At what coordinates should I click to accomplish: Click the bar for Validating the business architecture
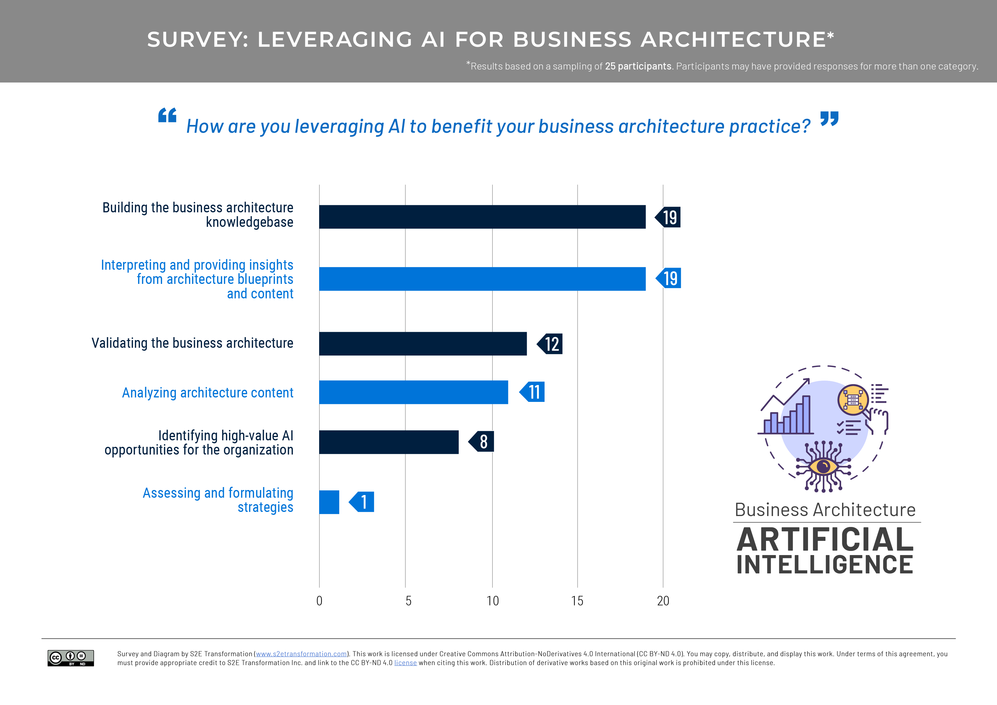423,344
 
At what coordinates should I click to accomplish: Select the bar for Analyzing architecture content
413,392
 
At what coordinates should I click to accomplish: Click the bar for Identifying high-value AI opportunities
389,442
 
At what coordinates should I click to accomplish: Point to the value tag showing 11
533,392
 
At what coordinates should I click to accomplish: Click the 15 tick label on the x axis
577,601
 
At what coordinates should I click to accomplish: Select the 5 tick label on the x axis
408,601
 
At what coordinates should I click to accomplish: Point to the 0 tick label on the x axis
319,601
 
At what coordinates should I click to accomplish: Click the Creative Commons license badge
70,658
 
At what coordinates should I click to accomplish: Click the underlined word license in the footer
405,663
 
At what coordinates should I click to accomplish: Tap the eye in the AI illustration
823,467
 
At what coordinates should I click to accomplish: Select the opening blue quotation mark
167,115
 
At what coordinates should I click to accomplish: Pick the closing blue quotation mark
829,119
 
